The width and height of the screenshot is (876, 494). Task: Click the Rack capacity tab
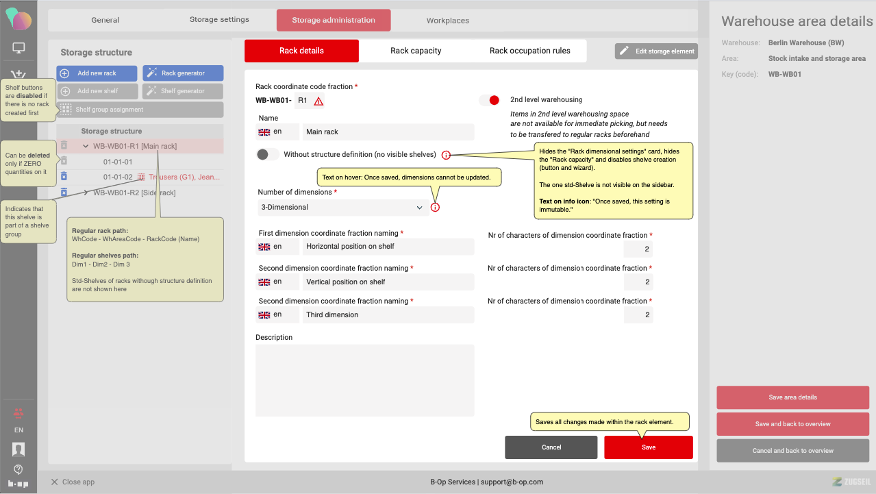coord(416,51)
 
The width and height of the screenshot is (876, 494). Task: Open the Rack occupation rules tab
coord(529,51)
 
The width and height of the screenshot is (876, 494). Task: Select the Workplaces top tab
coord(447,21)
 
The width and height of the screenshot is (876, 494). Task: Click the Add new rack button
coord(97,73)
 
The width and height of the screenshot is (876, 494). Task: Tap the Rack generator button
coord(183,73)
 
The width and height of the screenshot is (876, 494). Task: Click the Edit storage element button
coord(656,51)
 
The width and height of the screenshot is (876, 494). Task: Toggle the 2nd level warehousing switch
coord(490,100)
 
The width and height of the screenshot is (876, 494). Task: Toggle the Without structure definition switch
coord(267,154)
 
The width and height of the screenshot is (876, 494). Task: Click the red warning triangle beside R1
coord(318,101)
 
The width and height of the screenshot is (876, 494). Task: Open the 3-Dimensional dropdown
coord(341,208)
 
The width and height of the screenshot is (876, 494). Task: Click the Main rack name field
coord(388,132)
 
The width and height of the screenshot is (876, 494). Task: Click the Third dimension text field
coord(388,315)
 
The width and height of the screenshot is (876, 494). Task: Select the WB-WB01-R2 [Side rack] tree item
coord(134,193)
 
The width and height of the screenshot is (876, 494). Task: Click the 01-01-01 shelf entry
coord(118,162)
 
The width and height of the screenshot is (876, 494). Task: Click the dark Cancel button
coord(551,447)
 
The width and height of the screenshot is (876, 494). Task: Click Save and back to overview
coord(792,424)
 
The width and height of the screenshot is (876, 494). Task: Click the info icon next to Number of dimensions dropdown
coord(435,208)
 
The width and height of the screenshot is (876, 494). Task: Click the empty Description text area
coord(364,380)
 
